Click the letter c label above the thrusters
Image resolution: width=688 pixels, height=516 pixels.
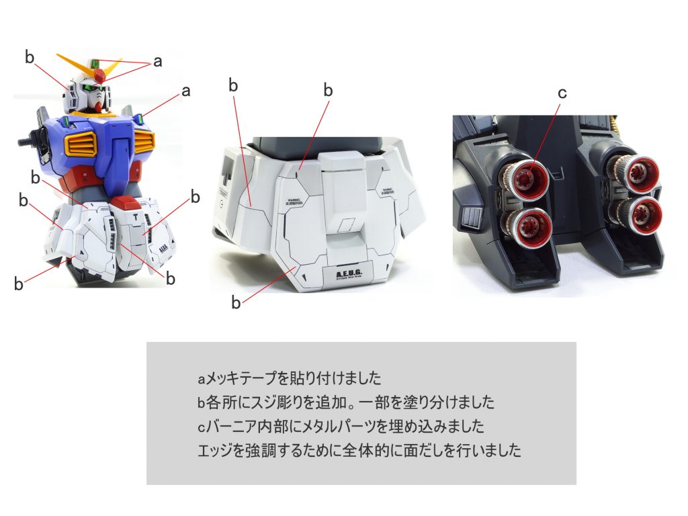[x=562, y=93]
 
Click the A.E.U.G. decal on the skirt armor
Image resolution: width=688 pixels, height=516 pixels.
[x=339, y=276]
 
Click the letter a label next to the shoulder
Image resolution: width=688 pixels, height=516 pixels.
[x=186, y=91]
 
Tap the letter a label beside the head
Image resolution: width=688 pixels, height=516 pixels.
[x=157, y=61]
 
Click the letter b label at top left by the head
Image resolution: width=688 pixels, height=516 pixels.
[x=29, y=57]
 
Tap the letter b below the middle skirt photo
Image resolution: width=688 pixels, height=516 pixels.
[x=235, y=303]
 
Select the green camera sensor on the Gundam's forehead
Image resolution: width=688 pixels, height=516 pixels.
[x=95, y=64]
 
